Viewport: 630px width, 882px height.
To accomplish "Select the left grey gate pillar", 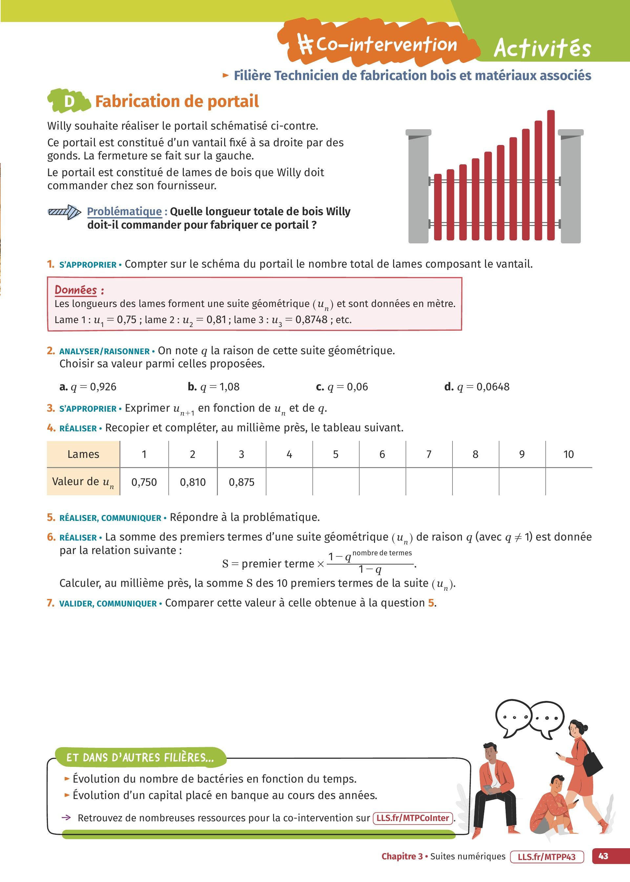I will (x=418, y=188).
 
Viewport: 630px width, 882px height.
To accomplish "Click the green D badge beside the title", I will (x=69, y=101).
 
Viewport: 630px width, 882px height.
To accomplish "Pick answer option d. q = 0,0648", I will (x=477, y=386).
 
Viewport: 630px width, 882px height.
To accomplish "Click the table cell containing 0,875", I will (x=241, y=482).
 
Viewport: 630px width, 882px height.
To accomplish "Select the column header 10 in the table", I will (x=568, y=454).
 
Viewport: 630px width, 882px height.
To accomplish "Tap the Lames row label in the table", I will (x=83, y=454).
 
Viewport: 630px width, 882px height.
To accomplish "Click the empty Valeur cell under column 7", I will (x=429, y=482).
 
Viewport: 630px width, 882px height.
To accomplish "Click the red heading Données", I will (x=76, y=290).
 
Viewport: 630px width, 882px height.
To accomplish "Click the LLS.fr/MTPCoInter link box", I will (x=412, y=818).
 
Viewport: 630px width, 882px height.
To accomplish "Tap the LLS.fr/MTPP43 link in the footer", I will (x=547, y=856).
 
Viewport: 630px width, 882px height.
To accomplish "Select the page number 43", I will (x=603, y=856).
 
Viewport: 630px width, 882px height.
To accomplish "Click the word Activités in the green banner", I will (x=542, y=48).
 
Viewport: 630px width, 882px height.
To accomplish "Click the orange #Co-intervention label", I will (x=378, y=44).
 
